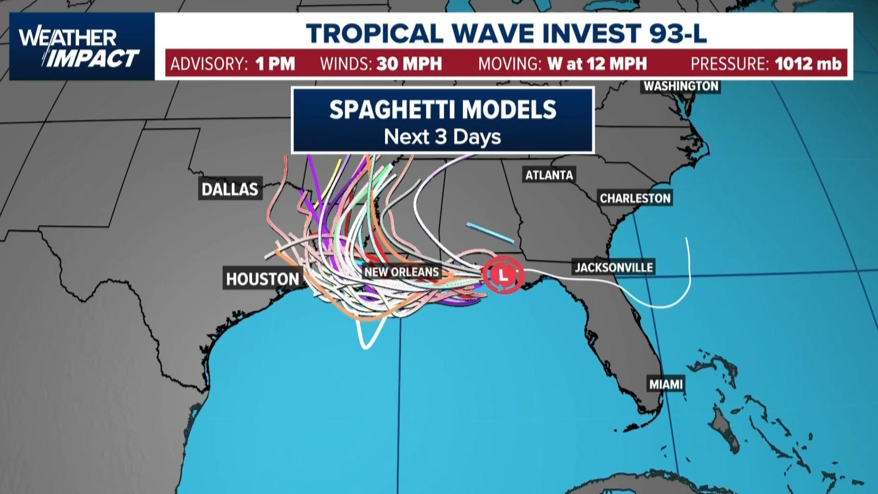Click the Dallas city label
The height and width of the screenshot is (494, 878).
[230, 188]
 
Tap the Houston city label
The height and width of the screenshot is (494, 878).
[262, 279]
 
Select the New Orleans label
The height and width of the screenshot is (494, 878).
[402, 272]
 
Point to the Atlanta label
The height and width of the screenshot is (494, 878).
[549, 175]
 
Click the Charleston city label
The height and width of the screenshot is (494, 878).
[635, 198]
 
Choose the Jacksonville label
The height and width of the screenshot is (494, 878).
[614, 267]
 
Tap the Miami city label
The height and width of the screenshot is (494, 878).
[666, 384]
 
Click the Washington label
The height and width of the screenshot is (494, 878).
[681, 86]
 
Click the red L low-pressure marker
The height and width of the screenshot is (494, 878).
[503, 275]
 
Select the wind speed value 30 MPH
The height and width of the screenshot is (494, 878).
[409, 64]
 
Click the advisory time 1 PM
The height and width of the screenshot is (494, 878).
[275, 64]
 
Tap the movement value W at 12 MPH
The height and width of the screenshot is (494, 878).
[597, 64]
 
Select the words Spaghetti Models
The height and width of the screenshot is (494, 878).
[443, 110]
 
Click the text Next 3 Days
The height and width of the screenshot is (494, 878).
[443, 137]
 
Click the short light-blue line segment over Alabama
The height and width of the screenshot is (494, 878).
[490, 233]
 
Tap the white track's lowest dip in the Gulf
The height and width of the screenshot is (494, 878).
[366, 347]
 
